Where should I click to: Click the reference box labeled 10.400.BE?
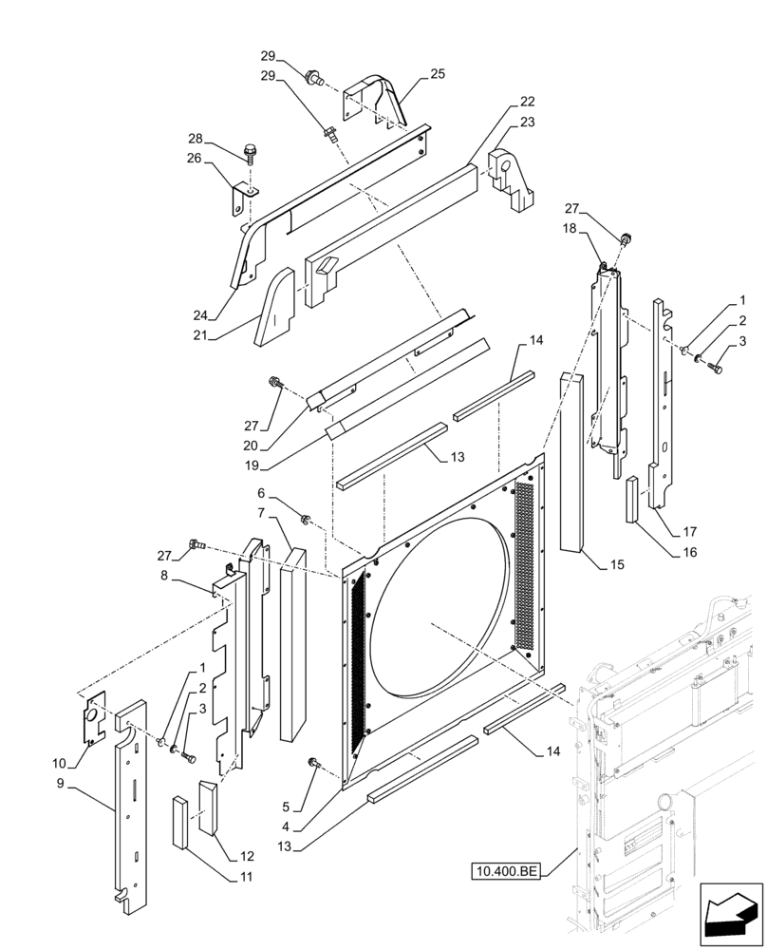click(x=505, y=870)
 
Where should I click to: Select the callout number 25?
click(x=437, y=73)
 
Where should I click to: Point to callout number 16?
click(x=687, y=551)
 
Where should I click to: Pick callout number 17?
click(x=687, y=531)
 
